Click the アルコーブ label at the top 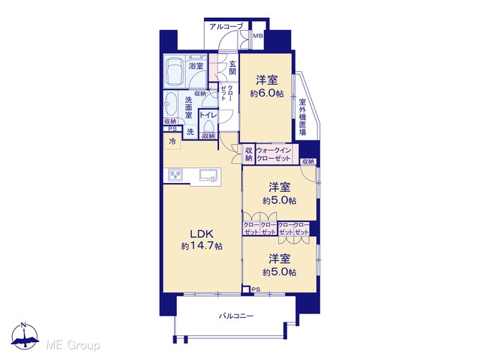click(226, 27)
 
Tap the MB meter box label click(258, 36)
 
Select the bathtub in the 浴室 click(174, 70)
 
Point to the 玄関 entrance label click(232, 68)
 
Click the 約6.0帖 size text click(267, 93)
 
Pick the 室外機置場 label click(302, 117)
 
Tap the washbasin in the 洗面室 click(169, 104)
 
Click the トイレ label click(208, 115)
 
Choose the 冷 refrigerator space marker click(172, 142)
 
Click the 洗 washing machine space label click(190, 132)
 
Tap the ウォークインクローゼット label click(273, 154)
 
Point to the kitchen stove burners click(175, 175)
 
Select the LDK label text click(202, 234)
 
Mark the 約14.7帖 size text click(202, 246)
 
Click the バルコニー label click(236, 316)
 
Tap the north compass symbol click(25, 336)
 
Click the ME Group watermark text click(73, 345)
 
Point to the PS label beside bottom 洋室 click(256, 289)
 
